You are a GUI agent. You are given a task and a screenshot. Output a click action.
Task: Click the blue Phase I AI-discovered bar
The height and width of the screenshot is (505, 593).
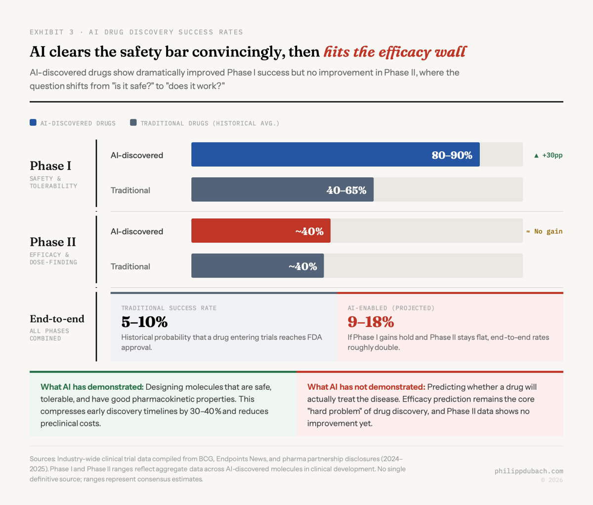click(335, 154)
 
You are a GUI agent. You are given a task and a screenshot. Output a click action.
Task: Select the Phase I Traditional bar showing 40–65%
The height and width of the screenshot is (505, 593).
click(282, 190)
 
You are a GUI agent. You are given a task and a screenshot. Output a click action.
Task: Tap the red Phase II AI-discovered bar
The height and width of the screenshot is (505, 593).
click(261, 231)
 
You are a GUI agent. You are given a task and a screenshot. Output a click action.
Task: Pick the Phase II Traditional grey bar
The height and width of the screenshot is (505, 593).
click(257, 266)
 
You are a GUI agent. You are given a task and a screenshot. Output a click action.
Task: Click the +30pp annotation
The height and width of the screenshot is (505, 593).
click(548, 155)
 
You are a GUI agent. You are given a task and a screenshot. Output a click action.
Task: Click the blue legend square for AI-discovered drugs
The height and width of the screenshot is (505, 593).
click(33, 123)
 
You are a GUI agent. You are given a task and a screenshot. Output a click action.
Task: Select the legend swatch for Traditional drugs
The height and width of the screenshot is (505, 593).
click(133, 123)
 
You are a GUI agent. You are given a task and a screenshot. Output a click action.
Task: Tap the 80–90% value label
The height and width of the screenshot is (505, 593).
click(452, 155)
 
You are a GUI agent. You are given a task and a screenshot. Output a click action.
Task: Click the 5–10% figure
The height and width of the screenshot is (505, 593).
click(144, 322)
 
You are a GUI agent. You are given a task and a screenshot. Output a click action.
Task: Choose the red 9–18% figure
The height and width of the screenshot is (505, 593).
click(371, 322)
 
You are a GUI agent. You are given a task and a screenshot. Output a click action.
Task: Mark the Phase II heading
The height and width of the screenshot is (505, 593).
click(53, 242)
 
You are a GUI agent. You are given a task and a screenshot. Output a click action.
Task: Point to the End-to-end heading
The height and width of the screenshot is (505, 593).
click(57, 319)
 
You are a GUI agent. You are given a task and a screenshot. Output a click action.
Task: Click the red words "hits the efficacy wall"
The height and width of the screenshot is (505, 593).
click(394, 52)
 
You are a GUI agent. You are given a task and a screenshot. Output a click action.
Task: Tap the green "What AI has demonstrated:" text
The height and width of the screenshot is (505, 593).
click(92, 387)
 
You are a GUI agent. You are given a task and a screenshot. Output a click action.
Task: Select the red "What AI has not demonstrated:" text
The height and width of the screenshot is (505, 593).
click(366, 387)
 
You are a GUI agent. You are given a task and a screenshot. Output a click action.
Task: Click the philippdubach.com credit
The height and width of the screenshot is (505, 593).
click(529, 471)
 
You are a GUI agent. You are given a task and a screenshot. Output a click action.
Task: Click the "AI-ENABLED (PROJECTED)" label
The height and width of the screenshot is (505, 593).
click(391, 308)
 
